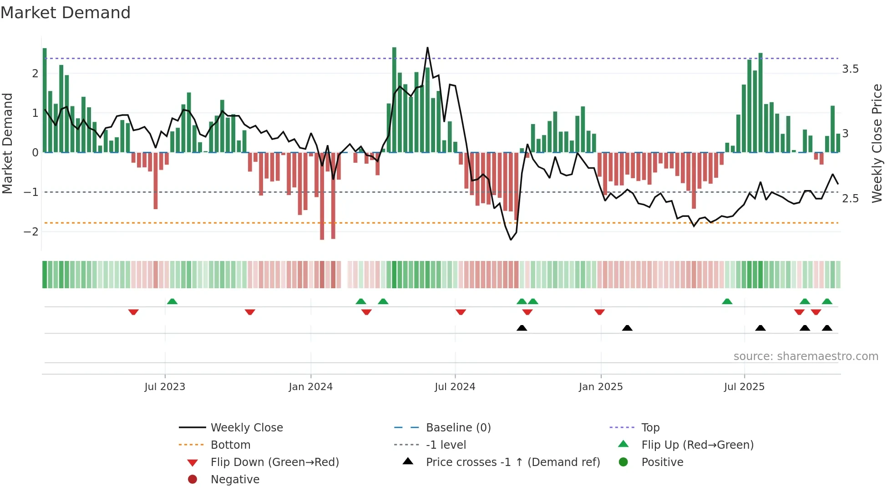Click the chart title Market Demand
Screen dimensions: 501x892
click(x=66, y=13)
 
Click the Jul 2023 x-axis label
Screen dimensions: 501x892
click(x=165, y=387)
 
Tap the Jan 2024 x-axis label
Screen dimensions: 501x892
click(x=311, y=387)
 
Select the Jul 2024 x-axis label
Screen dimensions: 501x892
click(x=455, y=387)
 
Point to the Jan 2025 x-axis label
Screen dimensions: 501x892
click(x=601, y=387)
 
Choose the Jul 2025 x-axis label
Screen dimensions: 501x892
click(x=745, y=387)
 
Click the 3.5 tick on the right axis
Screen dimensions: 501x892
click(x=850, y=69)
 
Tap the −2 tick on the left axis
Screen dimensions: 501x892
click(x=31, y=231)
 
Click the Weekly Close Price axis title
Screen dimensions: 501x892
click(x=877, y=143)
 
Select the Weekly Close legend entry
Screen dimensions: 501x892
click(x=247, y=428)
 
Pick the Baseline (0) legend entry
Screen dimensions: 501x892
click(x=458, y=428)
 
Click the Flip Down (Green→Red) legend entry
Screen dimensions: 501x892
click(x=274, y=462)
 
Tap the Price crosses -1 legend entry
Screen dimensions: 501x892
click(x=513, y=462)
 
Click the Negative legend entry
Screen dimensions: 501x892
click(x=235, y=480)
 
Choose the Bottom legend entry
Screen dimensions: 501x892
click(x=230, y=445)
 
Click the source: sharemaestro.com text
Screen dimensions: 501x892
click(x=806, y=356)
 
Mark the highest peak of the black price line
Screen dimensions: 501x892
click(x=427, y=48)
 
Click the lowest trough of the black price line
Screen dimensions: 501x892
click(x=511, y=240)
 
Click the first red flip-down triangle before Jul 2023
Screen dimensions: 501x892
click(x=133, y=312)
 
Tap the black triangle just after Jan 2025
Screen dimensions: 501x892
click(x=627, y=328)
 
